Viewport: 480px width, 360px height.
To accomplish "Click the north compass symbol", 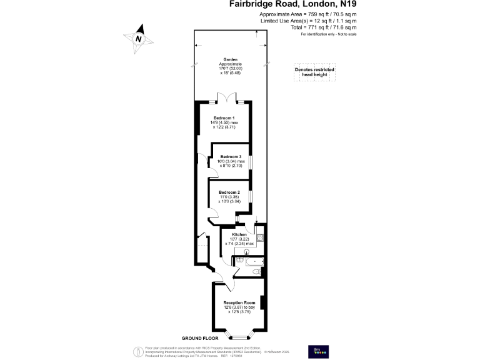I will (141, 37).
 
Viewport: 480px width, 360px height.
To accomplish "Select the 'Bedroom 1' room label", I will (224, 118).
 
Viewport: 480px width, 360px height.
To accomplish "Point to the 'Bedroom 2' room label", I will (229, 192).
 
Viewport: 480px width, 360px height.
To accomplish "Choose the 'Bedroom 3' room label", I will (231, 156).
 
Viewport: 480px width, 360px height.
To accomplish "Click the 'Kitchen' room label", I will (241, 234).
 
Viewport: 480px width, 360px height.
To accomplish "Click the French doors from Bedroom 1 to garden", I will (226, 99).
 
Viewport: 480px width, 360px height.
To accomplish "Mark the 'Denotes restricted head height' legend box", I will (314, 72).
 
